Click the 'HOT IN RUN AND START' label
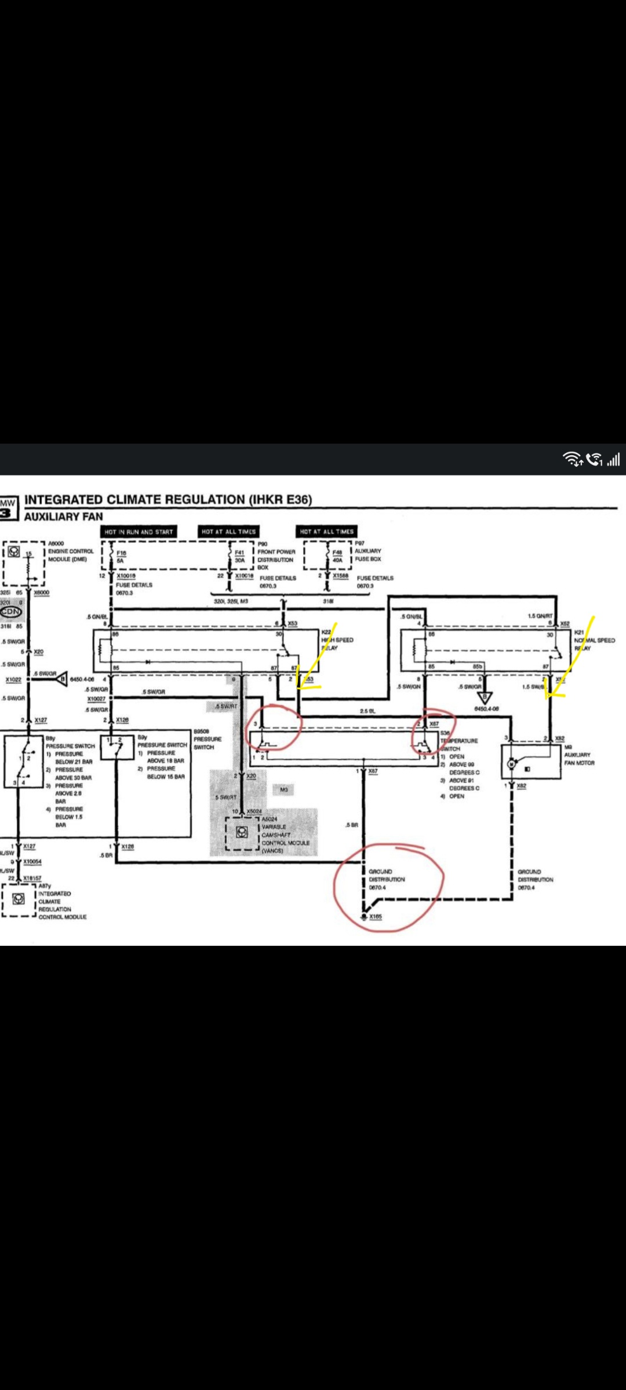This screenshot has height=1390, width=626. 139,531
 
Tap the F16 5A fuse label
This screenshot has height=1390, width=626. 121,557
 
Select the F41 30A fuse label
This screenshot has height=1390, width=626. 239,557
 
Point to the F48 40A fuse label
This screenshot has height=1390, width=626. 337,557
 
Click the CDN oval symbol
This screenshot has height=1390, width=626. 11,612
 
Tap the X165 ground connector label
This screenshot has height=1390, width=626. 376,916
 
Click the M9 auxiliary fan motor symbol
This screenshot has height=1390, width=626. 511,764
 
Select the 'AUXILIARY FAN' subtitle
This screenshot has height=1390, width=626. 63,516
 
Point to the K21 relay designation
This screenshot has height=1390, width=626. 579,632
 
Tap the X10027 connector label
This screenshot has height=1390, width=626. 96,699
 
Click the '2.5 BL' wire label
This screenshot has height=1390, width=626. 367,711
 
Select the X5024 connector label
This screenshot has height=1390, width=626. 254,811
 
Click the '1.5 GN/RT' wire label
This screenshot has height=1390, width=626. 540,616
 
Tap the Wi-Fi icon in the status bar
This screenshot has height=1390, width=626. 573,459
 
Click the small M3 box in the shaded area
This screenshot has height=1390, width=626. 284,789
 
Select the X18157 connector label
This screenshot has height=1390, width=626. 32,878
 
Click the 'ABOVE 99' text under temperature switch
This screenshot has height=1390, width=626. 461,765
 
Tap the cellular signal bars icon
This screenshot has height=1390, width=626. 614,459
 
